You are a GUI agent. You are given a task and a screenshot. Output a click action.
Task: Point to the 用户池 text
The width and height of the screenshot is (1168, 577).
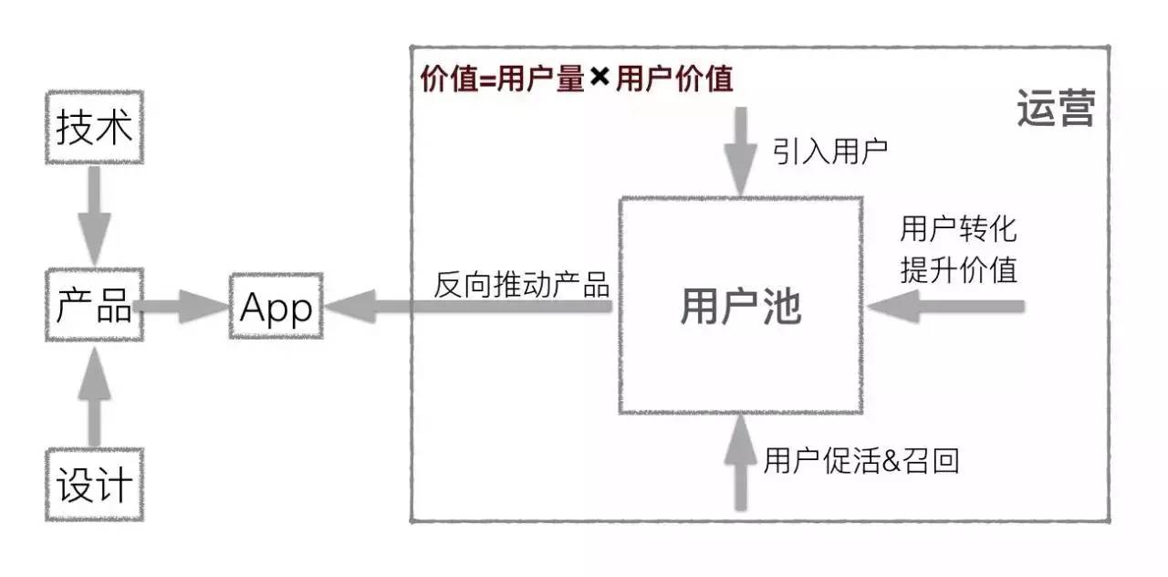click(x=740, y=307)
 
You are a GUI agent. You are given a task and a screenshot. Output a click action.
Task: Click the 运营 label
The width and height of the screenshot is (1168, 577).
click(x=1056, y=108)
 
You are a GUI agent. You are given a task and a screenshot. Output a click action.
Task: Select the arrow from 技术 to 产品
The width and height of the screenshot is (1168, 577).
click(x=94, y=215)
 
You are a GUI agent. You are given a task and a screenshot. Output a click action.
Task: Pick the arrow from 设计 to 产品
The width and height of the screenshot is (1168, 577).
click(x=94, y=397)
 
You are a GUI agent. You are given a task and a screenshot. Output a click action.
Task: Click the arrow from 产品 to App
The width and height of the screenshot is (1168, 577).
click(x=182, y=306)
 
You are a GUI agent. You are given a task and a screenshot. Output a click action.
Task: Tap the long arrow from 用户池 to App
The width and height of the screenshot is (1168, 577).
click(x=468, y=306)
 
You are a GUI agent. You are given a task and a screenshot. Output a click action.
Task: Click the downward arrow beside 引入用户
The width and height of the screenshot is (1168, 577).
click(x=740, y=152)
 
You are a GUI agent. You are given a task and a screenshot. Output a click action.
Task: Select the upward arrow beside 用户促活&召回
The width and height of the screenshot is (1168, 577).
click(x=740, y=462)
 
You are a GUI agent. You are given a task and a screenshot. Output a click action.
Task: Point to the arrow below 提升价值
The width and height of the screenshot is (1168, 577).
click(x=946, y=306)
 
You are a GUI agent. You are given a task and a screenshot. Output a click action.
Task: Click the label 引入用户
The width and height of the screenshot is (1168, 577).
click(x=830, y=152)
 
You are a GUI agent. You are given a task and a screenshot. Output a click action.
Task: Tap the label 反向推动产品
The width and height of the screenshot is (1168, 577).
click(x=521, y=285)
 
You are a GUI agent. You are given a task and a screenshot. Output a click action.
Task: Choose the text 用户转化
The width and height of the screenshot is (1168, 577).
click(x=958, y=228)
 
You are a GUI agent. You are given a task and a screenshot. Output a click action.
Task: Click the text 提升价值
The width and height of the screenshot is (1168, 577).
click(x=958, y=269)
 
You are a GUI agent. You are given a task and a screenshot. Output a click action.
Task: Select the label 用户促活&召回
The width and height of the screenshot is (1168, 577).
click(x=861, y=461)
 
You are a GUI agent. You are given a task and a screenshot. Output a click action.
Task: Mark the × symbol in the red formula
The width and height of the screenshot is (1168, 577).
click(x=600, y=78)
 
